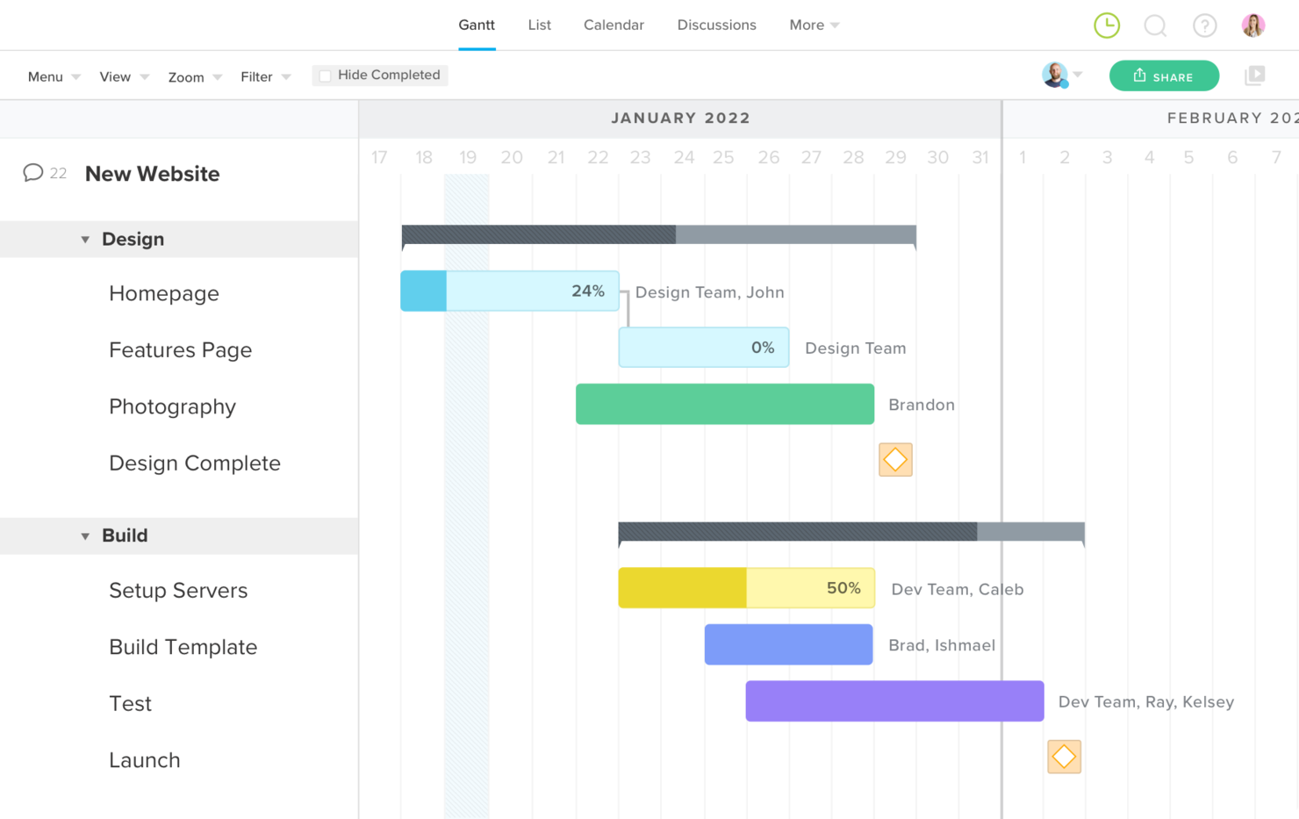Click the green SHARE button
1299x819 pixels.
tap(1164, 76)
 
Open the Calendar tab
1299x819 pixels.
tap(614, 25)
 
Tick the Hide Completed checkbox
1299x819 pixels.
tap(326, 75)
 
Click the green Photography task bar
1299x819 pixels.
tap(724, 404)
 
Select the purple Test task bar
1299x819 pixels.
tap(894, 701)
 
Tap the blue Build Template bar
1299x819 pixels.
tap(788, 644)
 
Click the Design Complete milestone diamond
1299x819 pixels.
tap(895, 459)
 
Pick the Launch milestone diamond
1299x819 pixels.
tap(1064, 757)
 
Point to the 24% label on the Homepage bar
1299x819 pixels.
tap(588, 291)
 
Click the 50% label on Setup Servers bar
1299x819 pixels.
tap(843, 588)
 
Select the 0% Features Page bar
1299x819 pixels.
tap(703, 348)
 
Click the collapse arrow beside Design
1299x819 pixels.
tap(85, 240)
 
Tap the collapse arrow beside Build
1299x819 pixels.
tap(85, 536)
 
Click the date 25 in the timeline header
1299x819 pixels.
tap(723, 157)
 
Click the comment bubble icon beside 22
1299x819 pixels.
tap(33, 172)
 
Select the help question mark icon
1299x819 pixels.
tap(1204, 25)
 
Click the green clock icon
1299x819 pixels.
tap(1107, 25)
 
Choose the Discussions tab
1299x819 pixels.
tap(716, 25)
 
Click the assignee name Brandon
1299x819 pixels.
tap(921, 405)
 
